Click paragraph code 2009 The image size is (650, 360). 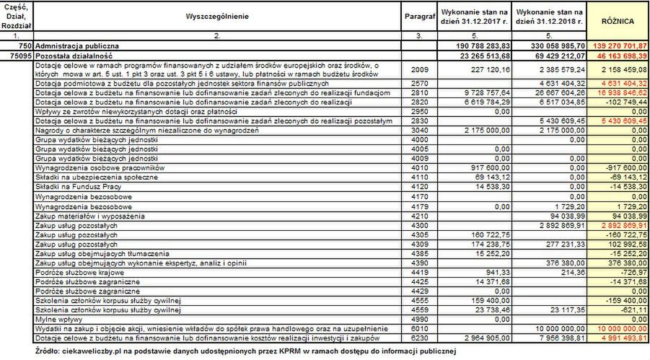(x=418, y=69)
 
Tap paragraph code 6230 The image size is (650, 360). (x=418, y=338)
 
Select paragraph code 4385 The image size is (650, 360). (x=418, y=254)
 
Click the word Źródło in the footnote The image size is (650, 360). (x=48, y=351)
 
